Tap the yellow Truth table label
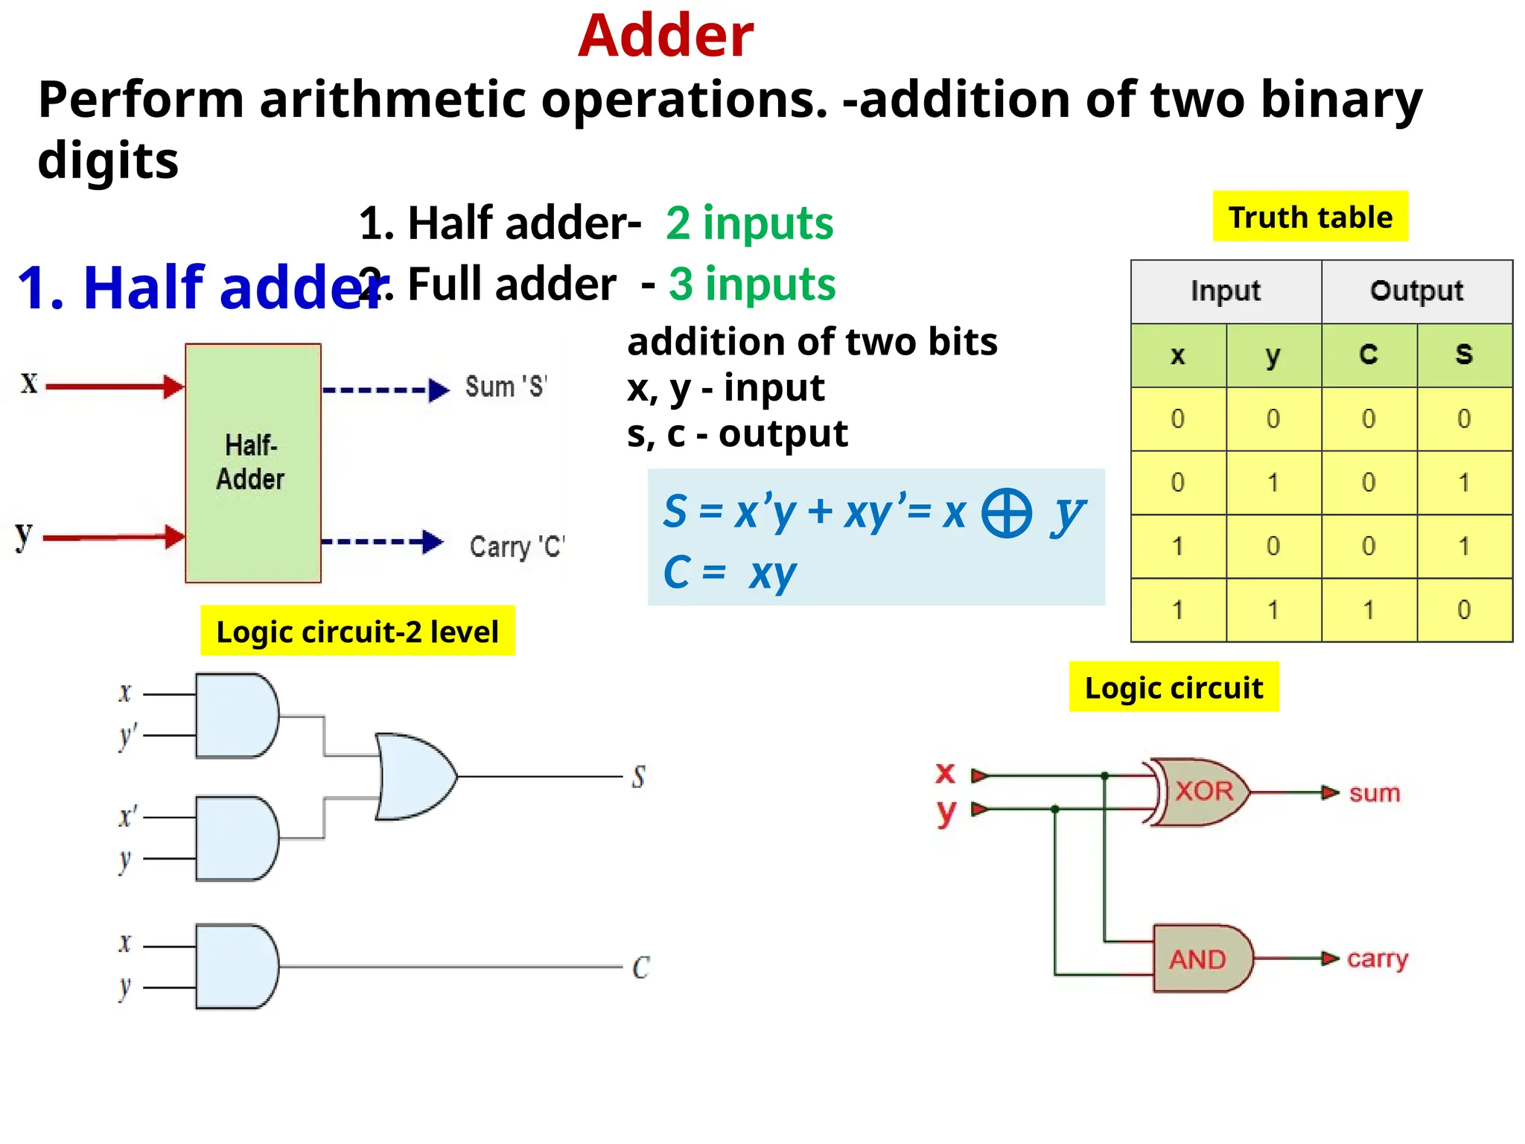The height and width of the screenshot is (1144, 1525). pyautogui.click(x=1310, y=217)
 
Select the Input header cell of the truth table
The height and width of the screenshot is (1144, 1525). pyautogui.click(x=1226, y=291)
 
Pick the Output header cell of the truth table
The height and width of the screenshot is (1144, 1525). pyautogui.click(x=1416, y=291)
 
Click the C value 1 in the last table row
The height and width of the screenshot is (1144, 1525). pyautogui.click(x=1369, y=610)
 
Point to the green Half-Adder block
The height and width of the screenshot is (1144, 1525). pyautogui.click(x=252, y=463)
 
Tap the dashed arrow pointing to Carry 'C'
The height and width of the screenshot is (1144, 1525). pyautogui.click(x=383, y=541)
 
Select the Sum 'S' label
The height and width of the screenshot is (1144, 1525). pyautogui.click(x=506, y=387)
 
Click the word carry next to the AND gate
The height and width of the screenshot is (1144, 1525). pyautogui.click(x=1378, y=959)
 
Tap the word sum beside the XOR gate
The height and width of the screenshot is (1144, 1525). pyautogui.click(x=1375, y=793)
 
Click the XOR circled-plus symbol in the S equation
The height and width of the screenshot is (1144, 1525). pyautogui.click(x=1007, y=513)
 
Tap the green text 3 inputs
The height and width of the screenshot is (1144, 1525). pyautogui.click(x=752, y=284)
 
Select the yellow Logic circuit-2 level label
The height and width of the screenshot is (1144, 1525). pyautogui.click(x=357, y=631)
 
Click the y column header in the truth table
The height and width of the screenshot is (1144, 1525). pyautogui.click(x=1273, y=355)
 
